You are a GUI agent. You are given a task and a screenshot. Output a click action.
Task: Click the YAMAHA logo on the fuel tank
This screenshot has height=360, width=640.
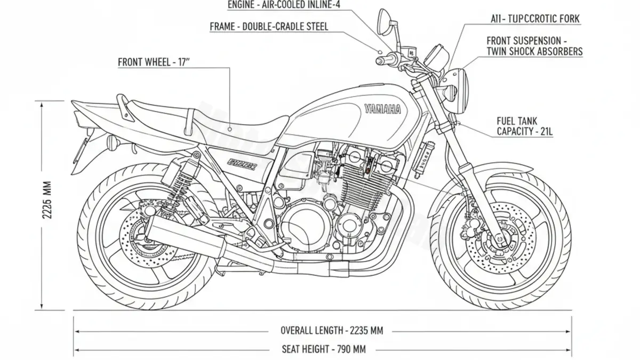(x=383, y=109)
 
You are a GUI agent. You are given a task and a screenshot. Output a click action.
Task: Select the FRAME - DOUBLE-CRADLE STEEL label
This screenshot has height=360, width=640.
(x=269, y=26)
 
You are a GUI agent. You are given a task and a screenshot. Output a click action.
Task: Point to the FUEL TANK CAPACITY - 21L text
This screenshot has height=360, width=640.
(x=525, y=126)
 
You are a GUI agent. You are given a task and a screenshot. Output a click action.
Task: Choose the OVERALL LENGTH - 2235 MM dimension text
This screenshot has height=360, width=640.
(x=332, y=330)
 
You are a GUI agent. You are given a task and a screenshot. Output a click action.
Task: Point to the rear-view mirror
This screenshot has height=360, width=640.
(x=383, y=21)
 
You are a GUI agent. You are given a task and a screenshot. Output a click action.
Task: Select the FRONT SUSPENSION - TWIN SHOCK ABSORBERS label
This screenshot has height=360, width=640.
(x=534, y=46)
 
